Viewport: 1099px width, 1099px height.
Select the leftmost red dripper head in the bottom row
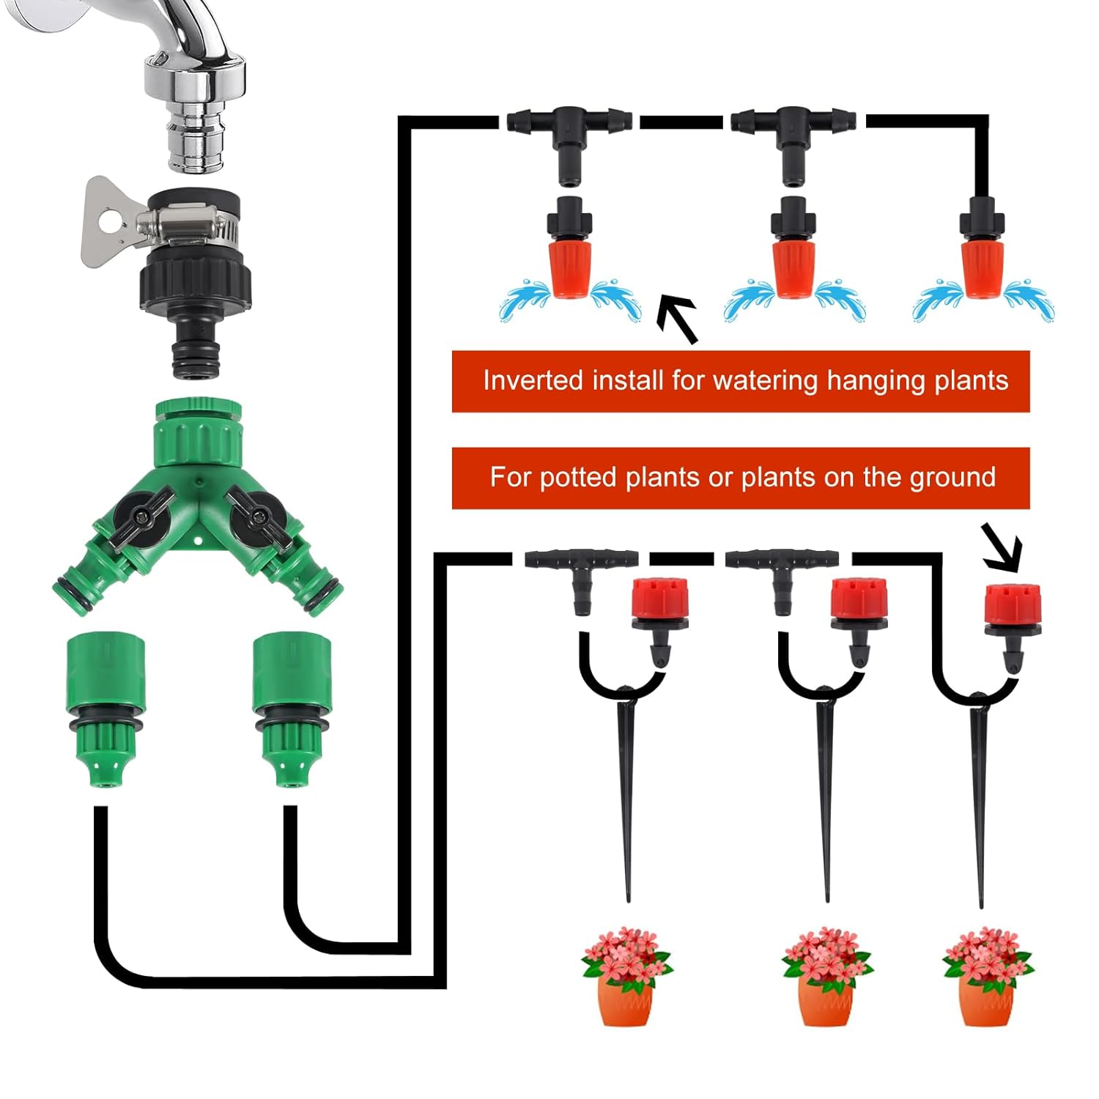[659, 601]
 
